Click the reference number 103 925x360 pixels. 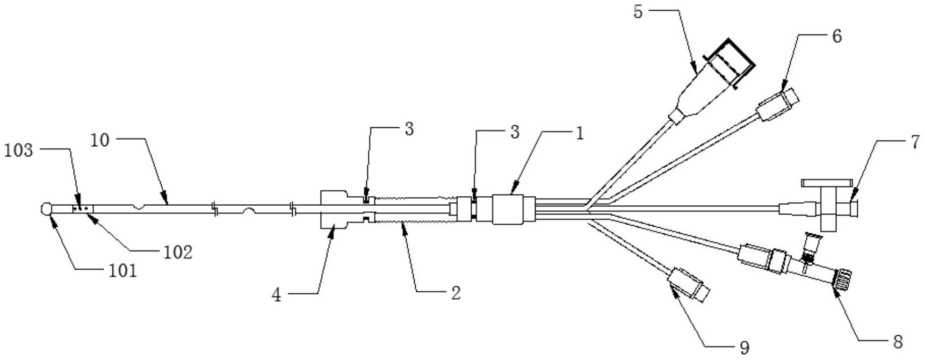point(18,151)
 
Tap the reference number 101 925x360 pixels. point(124,270)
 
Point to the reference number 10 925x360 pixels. point(100,140)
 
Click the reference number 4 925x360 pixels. point(276,295)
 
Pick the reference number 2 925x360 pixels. point(456,293)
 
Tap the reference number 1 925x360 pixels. point(580,134)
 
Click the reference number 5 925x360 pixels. point(638,11)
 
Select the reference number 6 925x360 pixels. point(836,37)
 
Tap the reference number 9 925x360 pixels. point(744,348)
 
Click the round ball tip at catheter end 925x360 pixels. point(46,208)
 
